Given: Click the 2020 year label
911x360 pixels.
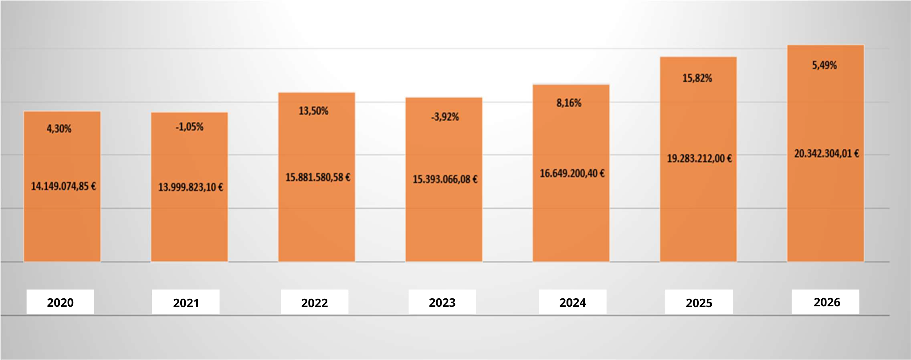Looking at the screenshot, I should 60,302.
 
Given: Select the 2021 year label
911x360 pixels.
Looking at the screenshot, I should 186,303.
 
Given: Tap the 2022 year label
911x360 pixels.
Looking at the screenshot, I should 314,303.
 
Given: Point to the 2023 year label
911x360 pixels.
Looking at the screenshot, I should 442,302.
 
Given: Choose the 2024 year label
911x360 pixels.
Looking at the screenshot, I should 572,302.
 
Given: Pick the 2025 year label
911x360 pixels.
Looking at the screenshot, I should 699,303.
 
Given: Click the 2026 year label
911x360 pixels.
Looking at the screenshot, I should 827,302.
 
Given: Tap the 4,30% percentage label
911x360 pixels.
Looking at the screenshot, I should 59,129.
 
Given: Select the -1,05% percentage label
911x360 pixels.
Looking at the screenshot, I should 189,127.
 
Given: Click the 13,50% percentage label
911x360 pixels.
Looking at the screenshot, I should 313,111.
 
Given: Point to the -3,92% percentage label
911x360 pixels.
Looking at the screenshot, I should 445,117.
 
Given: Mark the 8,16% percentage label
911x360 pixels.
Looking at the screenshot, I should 569,103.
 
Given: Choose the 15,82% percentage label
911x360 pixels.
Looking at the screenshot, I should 697,78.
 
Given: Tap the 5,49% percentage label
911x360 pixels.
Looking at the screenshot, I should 824,65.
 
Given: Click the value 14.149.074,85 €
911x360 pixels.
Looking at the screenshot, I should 63,186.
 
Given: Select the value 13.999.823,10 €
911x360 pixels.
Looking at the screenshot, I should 190,187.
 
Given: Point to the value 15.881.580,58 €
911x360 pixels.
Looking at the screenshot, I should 318,177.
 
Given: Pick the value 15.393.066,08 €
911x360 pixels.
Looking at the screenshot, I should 445,179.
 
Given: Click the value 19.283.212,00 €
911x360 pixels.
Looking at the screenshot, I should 699,159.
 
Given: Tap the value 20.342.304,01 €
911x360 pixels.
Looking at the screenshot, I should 826,153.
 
